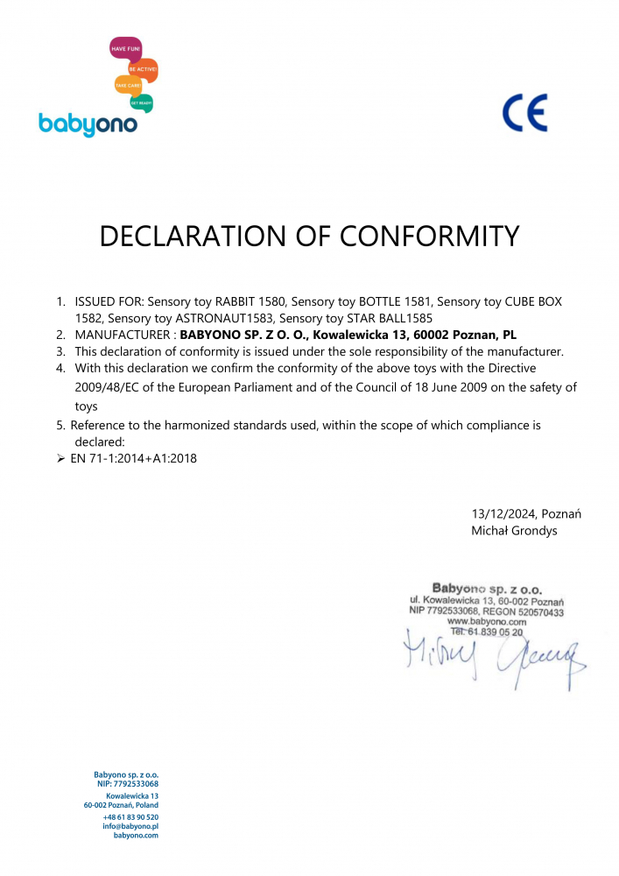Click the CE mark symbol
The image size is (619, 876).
[524, 113]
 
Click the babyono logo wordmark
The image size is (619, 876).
[88, 124]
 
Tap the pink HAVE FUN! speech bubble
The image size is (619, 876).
[125, 49]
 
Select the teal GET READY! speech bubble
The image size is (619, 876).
[141, 102]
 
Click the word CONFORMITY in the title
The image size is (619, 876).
[429, 237]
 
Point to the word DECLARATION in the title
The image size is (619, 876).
[205, 237]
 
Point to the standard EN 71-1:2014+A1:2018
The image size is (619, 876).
[133, 458]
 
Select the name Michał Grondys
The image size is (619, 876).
[513, 530]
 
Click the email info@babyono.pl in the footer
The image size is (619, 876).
[130, 825]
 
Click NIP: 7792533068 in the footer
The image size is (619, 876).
[127, 784]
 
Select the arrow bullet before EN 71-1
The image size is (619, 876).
[60, 458]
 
